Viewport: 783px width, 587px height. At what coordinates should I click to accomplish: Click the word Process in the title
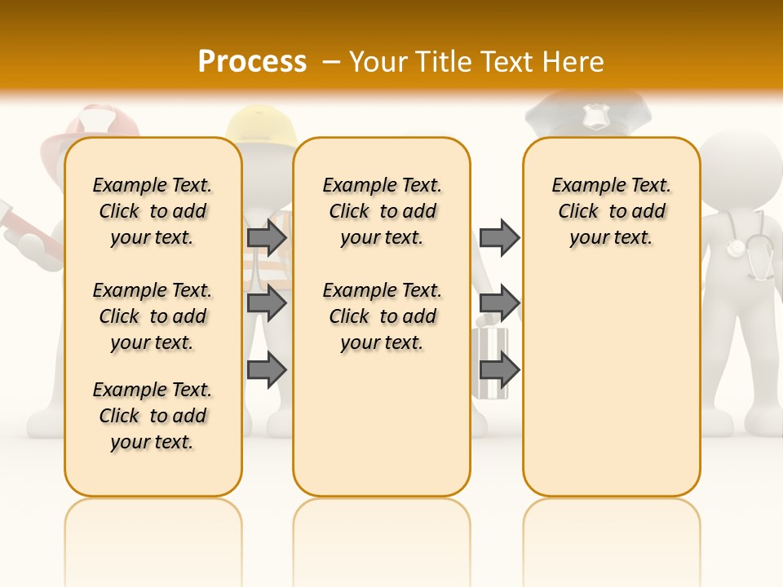[252, 61]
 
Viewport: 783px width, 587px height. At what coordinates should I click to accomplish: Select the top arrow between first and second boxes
[267, 237]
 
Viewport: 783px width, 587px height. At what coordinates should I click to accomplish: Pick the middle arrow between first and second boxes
[267, 303]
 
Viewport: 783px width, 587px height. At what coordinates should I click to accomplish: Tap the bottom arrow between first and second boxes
[267, 369]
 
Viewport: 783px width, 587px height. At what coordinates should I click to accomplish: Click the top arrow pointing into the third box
[499, 237]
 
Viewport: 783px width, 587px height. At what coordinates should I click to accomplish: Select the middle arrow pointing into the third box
[499, 303]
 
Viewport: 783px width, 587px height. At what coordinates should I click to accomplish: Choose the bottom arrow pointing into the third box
[499, 369]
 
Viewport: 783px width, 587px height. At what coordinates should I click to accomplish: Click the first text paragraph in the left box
[153, 211]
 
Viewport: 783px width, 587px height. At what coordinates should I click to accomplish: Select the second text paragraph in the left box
[153, 316]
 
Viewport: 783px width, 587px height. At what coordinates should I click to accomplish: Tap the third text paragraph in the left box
[153, 416]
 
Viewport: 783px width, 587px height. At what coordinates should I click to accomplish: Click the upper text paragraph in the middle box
[382, 211]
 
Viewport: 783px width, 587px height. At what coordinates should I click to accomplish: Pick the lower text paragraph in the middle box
[382, 316]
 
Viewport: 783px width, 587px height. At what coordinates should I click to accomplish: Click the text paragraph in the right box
[612, 211]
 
